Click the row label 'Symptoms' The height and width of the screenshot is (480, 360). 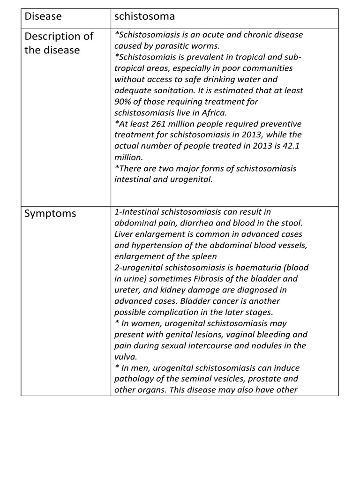coord(50,214)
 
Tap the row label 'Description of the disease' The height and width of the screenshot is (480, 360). coord(59,43)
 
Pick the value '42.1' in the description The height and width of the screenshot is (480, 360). coord(289,146)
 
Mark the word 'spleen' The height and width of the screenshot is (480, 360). coord(203,256)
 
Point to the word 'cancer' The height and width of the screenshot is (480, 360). coord(230,301)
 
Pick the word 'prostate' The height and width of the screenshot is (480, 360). coord(263,379)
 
